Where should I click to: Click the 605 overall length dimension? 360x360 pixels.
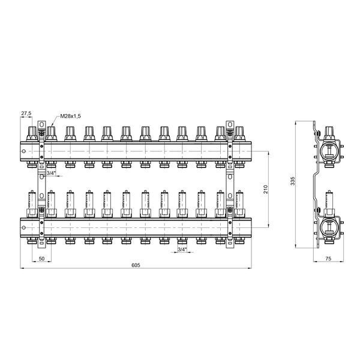136,265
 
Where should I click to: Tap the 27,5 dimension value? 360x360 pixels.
26,113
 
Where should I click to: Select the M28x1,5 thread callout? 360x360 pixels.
70,116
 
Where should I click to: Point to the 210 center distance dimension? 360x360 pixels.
266,189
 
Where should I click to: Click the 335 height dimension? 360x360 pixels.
292,181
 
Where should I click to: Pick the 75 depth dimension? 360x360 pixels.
328,258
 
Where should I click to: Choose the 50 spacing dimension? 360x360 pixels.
41,259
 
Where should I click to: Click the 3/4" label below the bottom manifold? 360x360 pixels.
182,250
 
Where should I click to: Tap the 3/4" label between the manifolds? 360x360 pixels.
51,173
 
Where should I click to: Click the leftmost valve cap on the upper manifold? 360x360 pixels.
32,133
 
